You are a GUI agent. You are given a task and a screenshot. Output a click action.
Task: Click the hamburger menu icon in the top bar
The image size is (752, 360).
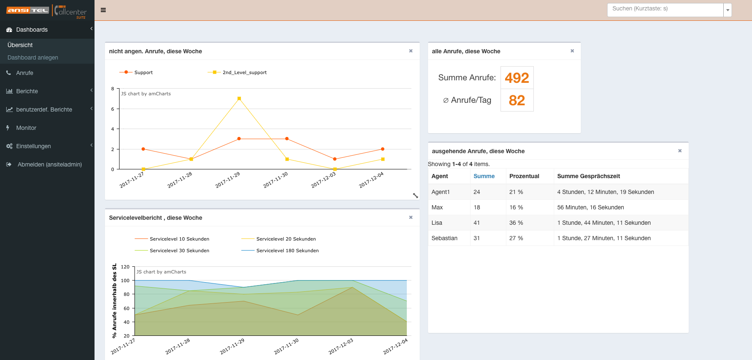pos(103,10)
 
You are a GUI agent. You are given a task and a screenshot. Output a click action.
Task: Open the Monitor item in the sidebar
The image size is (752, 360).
pos(26,128)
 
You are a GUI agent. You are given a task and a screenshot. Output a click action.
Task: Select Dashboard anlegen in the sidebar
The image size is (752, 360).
pos(32,57)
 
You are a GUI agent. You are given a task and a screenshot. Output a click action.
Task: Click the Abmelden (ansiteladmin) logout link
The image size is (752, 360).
pos(49,164)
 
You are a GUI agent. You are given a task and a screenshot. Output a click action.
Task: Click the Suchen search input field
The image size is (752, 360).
pos(665,9)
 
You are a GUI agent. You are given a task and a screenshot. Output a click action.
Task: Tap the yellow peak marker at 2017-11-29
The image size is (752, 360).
pos(239,99)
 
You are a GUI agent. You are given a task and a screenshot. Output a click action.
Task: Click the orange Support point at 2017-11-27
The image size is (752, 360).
pos(143,149)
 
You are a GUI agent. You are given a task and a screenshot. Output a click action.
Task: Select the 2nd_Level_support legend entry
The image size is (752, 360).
pos(244,72)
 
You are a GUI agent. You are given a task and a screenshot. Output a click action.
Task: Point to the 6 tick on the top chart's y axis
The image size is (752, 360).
pos(112,109)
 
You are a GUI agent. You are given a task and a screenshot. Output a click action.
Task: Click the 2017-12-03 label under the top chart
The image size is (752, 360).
pos(324,180)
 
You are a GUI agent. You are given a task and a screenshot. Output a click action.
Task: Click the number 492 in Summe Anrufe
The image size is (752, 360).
pos(517,78)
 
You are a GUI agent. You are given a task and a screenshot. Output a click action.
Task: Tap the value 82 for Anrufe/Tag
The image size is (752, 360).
pos(517,100)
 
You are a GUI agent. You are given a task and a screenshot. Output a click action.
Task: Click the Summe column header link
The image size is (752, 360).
pos(484,176)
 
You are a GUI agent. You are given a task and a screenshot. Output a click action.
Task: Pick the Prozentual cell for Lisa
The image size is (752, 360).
pos(516,223)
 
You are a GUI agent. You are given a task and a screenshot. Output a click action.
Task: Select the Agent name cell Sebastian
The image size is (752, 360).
pos(444,238)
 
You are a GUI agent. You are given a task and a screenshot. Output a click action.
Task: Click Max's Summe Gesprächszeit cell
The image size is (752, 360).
pos(590,207)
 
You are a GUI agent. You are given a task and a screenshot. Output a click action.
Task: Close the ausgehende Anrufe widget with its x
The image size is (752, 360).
pos(680,151)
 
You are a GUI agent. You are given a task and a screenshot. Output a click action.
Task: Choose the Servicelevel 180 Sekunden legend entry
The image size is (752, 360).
pos(287,251)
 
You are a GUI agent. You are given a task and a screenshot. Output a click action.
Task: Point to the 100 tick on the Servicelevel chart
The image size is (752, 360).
pos(125,281)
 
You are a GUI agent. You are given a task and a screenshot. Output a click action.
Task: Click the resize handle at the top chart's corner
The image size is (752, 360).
pos(415,195)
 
